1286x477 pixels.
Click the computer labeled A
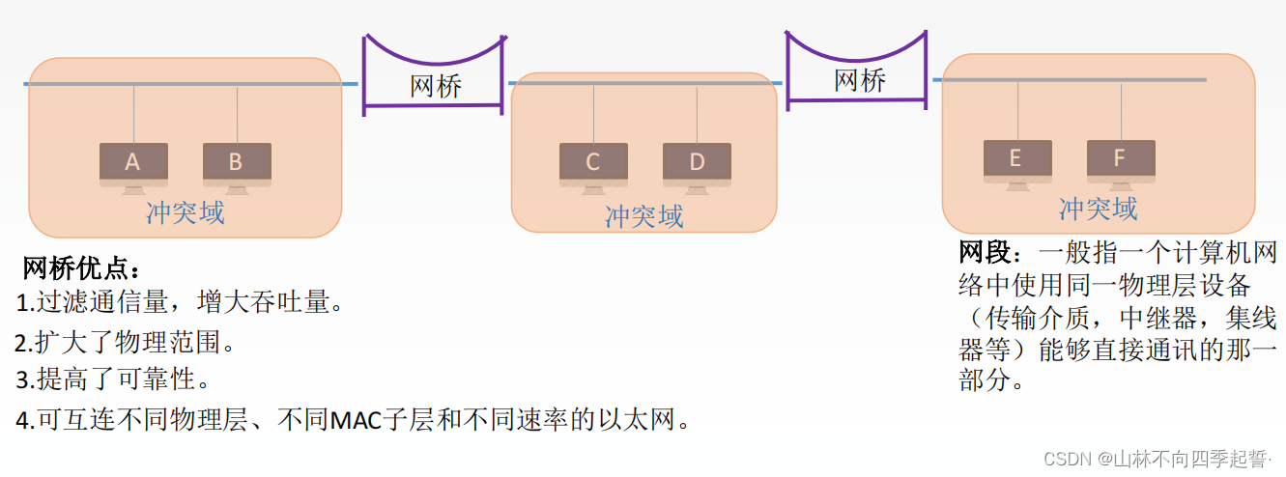133,163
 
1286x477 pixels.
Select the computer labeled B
237,163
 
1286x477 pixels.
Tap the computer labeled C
593,163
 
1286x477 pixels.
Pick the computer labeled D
697,163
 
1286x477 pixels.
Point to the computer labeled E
1016,160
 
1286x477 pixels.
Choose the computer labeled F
1120,160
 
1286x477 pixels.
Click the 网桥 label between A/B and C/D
436,86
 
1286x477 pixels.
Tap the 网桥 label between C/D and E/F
860,79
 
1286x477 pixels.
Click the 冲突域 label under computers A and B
186,212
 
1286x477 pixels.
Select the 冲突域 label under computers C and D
644,216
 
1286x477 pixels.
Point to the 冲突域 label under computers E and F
1099,209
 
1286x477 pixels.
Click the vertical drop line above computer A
133,114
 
